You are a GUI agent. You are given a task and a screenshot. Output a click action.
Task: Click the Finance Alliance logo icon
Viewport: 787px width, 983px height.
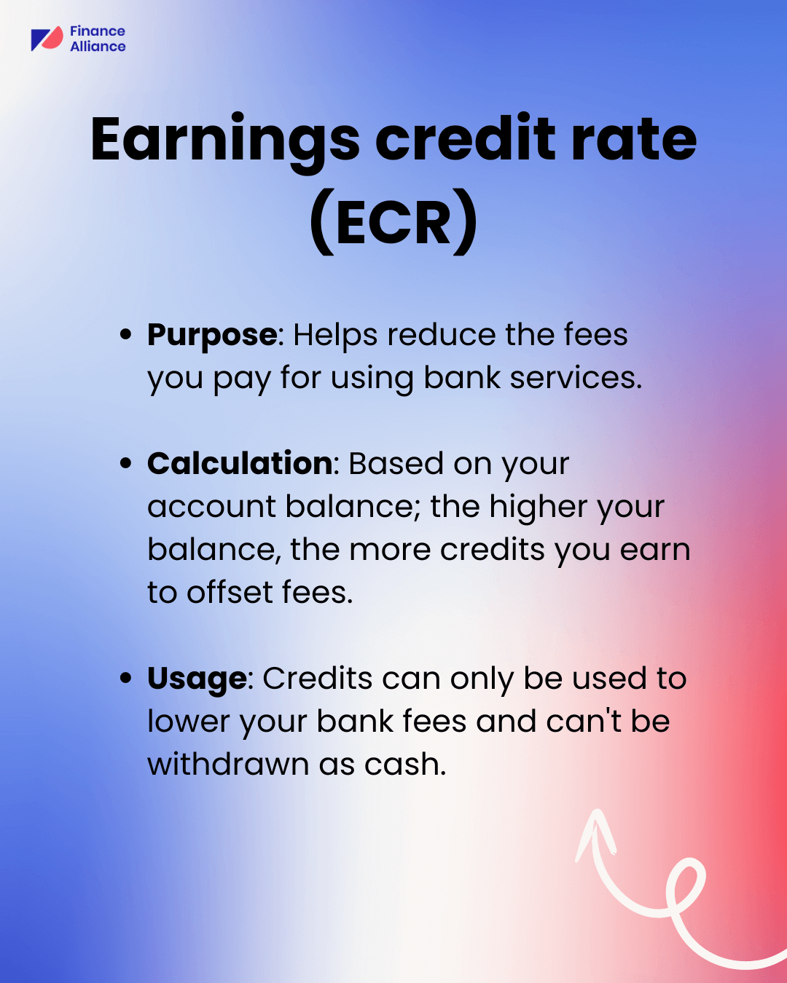(47, 39)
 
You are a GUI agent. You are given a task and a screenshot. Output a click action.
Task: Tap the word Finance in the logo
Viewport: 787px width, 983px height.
(98, 31)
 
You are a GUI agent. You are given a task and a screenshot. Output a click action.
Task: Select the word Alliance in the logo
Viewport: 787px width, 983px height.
(98, 47)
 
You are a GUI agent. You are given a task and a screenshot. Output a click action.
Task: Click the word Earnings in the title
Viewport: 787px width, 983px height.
(225, 140)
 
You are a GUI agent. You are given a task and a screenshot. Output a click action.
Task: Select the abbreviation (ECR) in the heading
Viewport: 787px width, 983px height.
(393, 223)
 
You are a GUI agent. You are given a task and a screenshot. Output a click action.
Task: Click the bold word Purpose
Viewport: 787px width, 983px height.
(212, 336)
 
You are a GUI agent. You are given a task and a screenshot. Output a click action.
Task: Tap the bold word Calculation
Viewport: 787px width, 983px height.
(240, 464)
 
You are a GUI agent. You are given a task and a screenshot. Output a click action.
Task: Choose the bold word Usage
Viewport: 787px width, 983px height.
(197, 679)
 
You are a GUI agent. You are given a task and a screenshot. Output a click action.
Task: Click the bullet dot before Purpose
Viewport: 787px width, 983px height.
(126, 335)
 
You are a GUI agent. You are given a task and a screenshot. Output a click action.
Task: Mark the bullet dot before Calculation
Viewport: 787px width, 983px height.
(126, 463)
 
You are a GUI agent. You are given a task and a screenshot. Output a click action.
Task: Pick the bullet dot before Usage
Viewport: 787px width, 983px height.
(126, 678)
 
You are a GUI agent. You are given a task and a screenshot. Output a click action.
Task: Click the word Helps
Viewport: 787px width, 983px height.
(335, 336)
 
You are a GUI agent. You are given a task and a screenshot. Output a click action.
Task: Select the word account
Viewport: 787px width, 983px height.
(211, 508)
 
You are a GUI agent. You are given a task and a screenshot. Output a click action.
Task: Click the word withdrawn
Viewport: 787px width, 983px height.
(228, 765)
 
